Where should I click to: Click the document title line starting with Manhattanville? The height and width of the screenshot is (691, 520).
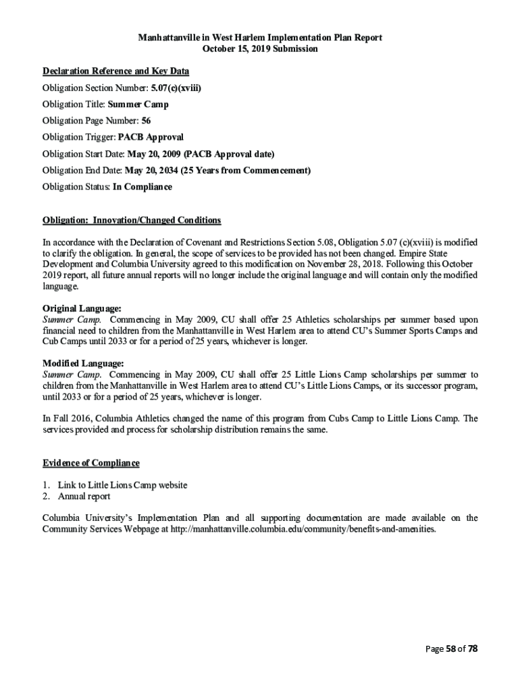(260, 38)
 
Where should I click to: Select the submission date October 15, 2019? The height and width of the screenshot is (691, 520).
(260, 49)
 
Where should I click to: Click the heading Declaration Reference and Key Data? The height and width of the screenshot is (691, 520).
(115, 71)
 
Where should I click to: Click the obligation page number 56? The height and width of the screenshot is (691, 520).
(146, 121)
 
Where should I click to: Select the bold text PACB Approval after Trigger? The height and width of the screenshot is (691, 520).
(151, 137)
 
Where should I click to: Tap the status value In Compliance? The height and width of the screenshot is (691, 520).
(142, 187)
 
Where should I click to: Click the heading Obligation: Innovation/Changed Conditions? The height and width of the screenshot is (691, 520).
(132, 221)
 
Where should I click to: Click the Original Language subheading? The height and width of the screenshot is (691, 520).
(82, 308)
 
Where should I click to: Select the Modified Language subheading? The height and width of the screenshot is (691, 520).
(83, 364)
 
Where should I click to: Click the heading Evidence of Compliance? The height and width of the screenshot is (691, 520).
(91, 463)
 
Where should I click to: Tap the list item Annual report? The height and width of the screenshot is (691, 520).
(84, 497)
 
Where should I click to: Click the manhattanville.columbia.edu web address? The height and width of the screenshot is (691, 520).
(313, 529)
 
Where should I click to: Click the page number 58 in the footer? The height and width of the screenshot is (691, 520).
(450, 649)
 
